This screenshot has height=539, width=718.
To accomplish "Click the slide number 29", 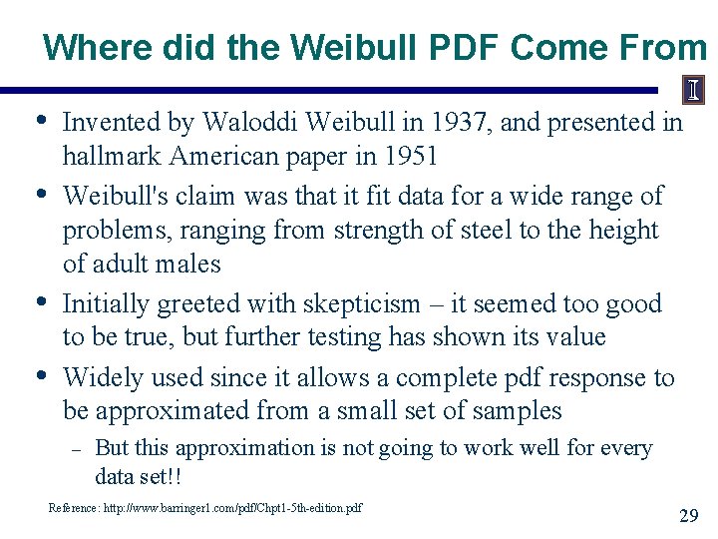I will tap(688, 516).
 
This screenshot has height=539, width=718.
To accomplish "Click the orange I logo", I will tap(693, 91).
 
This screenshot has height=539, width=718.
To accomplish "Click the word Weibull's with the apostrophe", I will tap(115, 196).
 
